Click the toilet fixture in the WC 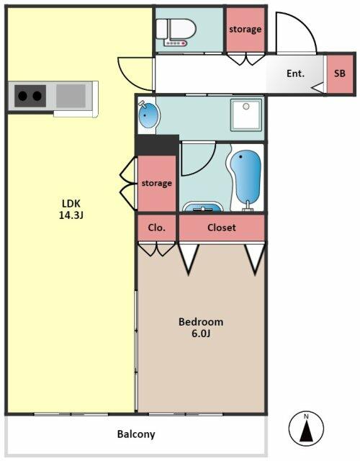(x=176, y=32)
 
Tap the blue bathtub (x=246, y=177)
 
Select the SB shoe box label (x=340, y=73)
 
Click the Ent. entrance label (x=295, y=73)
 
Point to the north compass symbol (x=306, y=429)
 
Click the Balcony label (x=136, y=434)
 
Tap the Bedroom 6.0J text (x=201, y=328)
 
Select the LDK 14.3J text (x=71, y=210)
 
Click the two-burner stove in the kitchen (x=30, y=96)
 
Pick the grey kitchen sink (x=71, y=96)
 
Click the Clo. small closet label (x=157, y=228)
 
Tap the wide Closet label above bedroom (x=222, y=228)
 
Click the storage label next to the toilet (x=245, y=30)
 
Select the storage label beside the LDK (x=157, y=183)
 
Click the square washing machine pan (x=246, y=115)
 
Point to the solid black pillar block (x=157, y=145)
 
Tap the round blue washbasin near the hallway (x=149, y=115)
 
